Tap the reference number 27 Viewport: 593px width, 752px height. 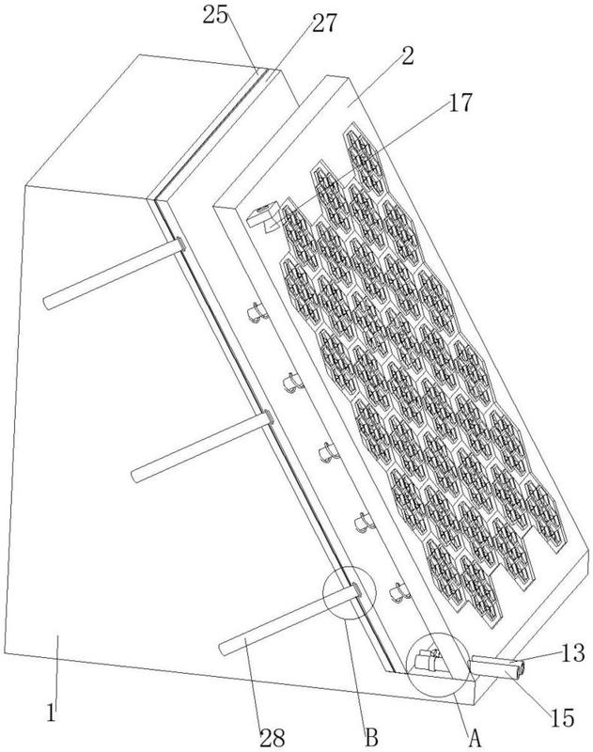(325, 23)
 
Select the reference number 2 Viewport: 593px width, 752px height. (407, 56)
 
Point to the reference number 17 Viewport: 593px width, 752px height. (460, 102)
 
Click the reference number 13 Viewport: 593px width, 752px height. (572, 653)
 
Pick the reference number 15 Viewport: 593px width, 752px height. (562, 718)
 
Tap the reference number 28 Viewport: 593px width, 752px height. (273, 737)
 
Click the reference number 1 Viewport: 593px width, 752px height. (52, 713)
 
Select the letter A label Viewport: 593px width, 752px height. (474, 737)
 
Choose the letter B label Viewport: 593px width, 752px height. (371, 737)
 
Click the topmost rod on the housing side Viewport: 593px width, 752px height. (114, 274)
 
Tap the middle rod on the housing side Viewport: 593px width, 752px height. (202, 446)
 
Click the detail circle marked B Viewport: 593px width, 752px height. (349, 593)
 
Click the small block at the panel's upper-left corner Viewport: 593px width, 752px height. (263, 217)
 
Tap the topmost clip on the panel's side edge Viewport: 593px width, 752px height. (257, 312)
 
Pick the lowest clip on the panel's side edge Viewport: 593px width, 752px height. (398, 593)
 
